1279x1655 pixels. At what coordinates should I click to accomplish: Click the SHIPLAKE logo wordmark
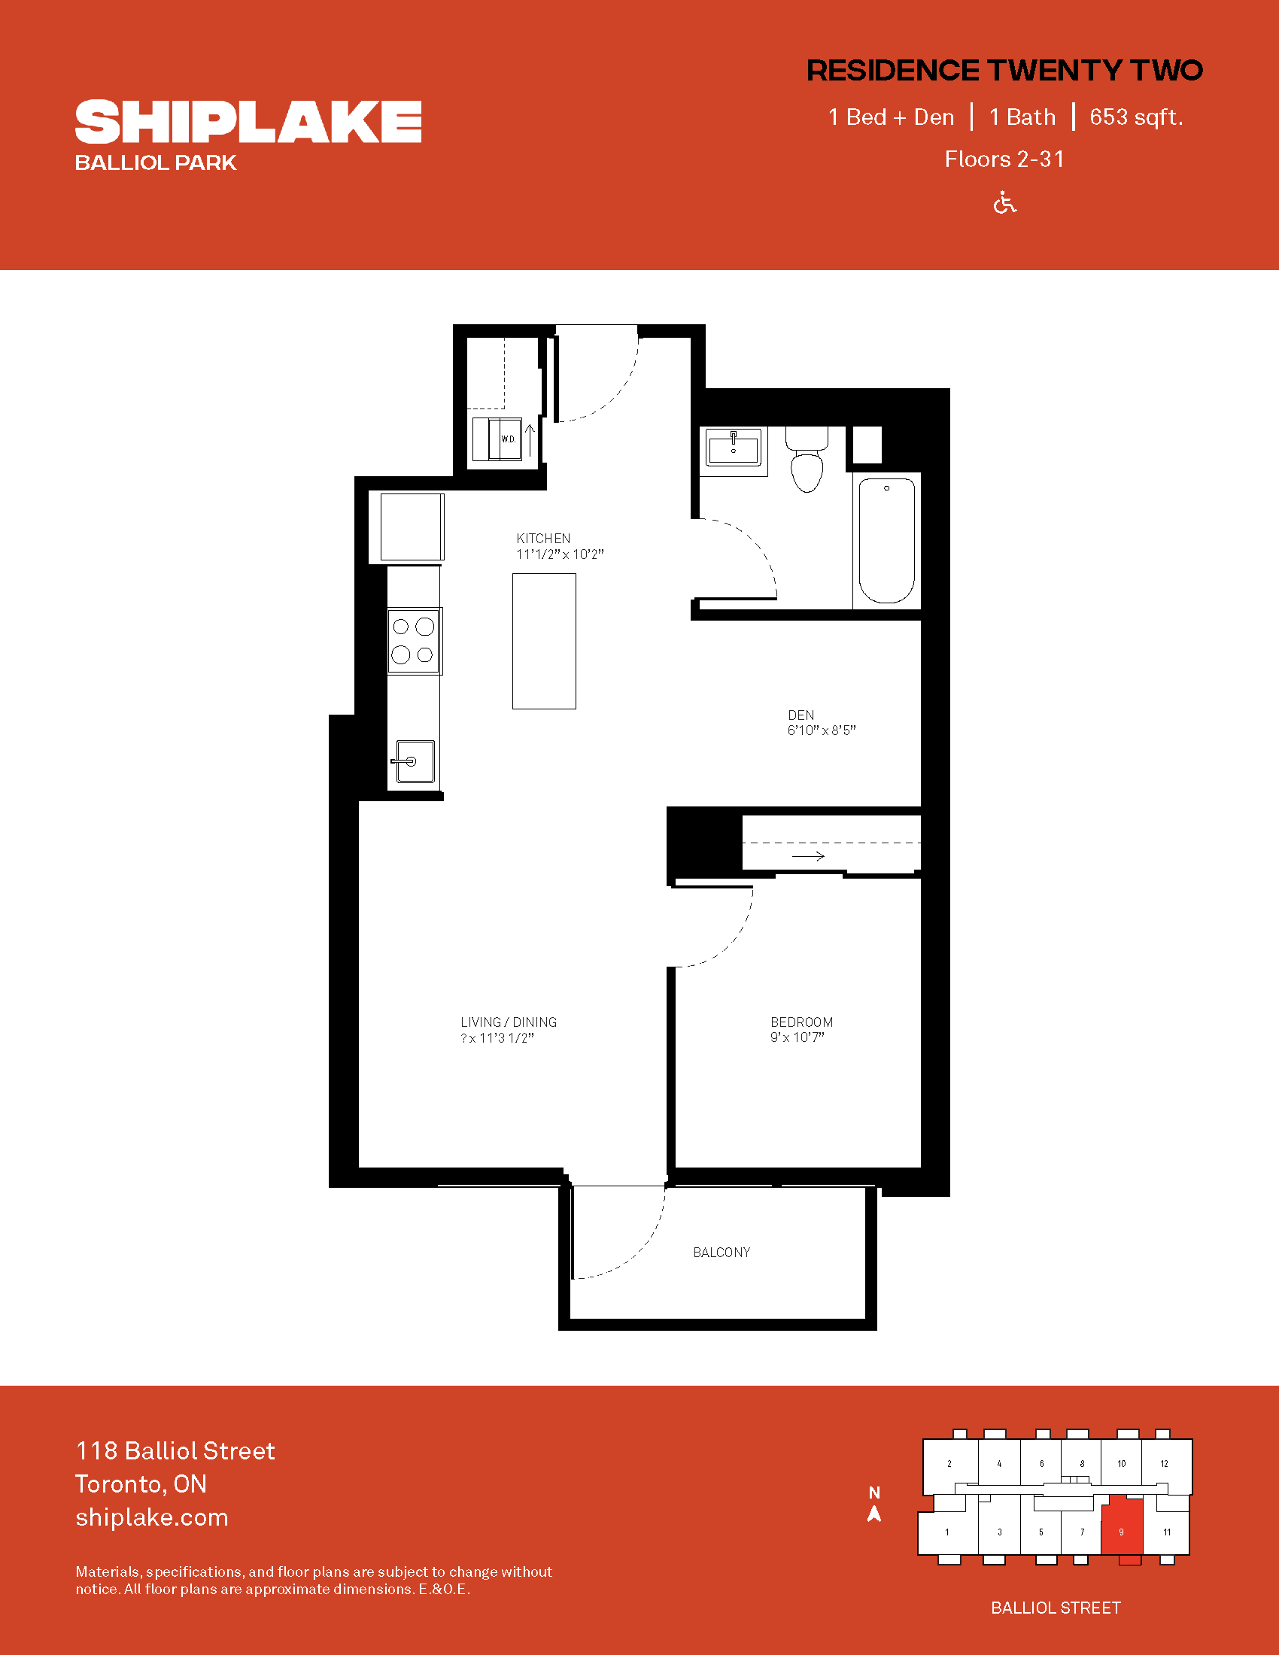[x=248, y=121]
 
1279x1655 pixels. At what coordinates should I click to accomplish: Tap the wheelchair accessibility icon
[x=1004, y=203]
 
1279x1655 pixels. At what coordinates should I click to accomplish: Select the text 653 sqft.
[x=1136, y=117]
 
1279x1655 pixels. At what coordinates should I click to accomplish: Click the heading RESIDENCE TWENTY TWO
[x=1004, y=71]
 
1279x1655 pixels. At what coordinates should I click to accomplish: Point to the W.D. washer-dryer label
[x=508, y=439]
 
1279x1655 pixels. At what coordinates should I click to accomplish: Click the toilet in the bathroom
[x=807, y=458]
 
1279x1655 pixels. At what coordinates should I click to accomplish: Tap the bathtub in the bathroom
[x=886, y=540]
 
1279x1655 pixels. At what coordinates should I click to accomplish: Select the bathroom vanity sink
[x=733, y=448]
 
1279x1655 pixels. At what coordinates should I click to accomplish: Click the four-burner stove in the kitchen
[x=414, y=641]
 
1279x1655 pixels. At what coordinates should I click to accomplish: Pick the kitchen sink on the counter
[x=414, y=761]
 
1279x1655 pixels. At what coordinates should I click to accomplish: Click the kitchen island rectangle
[x=544, y=641]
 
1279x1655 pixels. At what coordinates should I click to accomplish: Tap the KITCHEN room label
[x=543, y=538]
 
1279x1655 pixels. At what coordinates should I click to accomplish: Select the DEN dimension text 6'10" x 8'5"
[x=822, y=730]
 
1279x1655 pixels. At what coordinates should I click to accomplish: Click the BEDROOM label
[x=802, y=1022]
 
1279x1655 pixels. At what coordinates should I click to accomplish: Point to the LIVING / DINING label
[x=509, y=1022]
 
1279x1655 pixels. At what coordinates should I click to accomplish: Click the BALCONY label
[x=722, y=1253]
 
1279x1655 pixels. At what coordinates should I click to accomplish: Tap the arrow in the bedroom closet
[x=808, y=856]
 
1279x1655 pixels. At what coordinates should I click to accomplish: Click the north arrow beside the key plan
[x=874, y=1514]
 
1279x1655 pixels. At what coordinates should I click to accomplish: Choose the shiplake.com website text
[x=151, y=1517]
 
